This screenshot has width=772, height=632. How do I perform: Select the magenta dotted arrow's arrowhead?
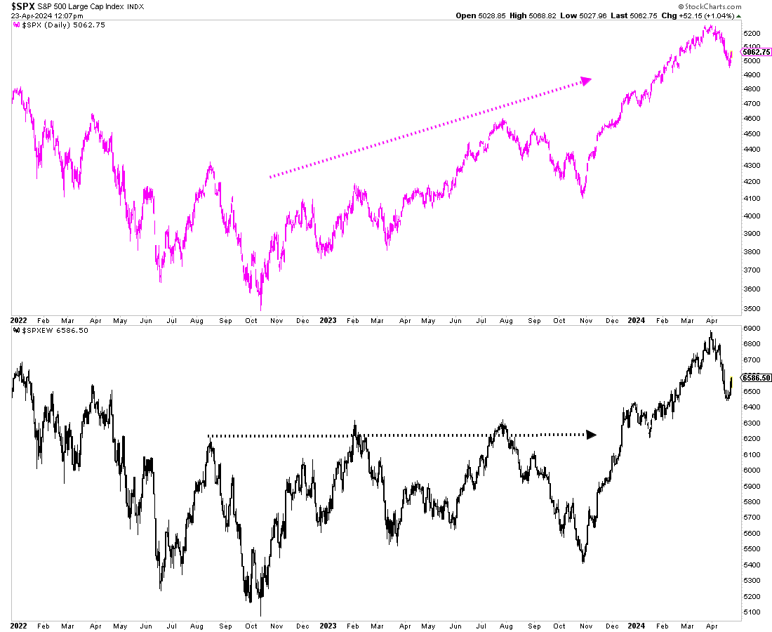(587, 80)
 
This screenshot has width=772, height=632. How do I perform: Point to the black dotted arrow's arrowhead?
(591, 435)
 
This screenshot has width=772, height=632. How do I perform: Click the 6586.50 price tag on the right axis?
(755, 378)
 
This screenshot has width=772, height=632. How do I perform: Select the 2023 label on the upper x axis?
(328, 320)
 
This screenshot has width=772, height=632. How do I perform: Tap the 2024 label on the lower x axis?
(637, 624)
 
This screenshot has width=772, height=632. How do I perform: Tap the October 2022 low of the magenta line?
(261, 309)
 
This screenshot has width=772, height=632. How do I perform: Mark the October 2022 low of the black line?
(261, 616)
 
